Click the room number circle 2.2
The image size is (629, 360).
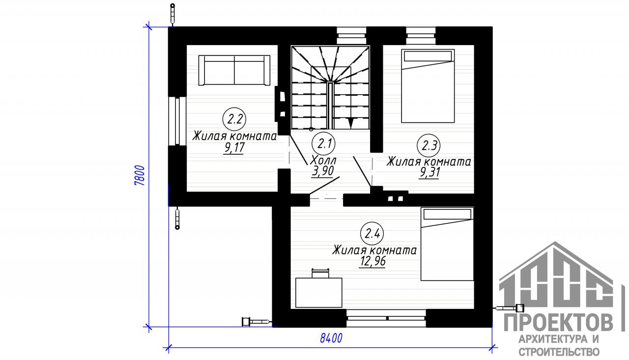pos(234,119)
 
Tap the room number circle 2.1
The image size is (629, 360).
pos(324,144)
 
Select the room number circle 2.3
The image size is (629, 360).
pos(429,146)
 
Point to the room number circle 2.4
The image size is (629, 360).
pos(372,233)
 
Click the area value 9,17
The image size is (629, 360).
pos(234,148)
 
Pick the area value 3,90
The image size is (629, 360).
pos(323,171)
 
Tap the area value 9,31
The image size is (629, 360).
pos(429,172)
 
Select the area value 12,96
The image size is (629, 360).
pos(372,261)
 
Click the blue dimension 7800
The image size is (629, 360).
pos(140,175)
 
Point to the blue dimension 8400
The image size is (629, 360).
pos(331,338)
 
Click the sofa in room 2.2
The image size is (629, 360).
pos(234,70)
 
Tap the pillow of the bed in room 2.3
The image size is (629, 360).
pos(428,56)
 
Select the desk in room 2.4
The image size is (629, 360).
pos(319,293)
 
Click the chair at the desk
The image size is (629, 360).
pos(320,273)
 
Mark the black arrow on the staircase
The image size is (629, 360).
pos(350,123)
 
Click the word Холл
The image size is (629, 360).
pos(323,161)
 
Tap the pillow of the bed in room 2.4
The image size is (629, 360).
pos(447,215)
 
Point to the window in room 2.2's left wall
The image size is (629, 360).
pos(177,121)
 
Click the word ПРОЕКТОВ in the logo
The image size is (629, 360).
pos(559,323)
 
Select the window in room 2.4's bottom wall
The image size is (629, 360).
pos(386,318)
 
